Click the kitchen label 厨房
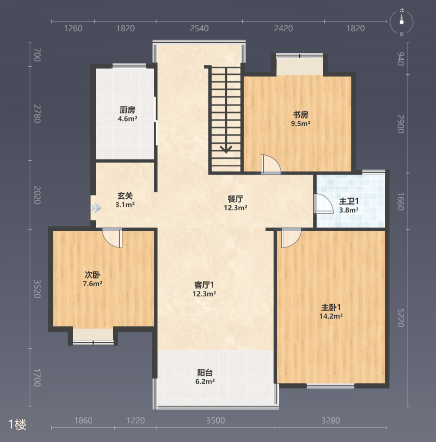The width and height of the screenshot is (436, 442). pos(127,110)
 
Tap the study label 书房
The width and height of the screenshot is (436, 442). pos(300,115)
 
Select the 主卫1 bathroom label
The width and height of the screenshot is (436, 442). pos(349,201)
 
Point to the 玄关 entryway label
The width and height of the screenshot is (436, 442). pos(125,196)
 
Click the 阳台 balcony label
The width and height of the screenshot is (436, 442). pos(205,372)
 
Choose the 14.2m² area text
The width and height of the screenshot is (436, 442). pos(331,316)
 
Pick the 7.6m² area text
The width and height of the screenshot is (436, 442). pos(92,284)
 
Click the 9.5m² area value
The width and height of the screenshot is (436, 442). pos(300,123)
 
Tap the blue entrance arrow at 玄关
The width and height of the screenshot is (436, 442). pos(96,208)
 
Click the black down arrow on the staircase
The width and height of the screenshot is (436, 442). pos(226,148)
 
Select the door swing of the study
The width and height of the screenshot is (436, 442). pos(271,164)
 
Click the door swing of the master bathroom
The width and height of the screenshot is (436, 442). pos(323,204)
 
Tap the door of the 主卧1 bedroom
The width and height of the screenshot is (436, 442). pos(291,238)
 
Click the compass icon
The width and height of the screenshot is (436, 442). pos(401,22)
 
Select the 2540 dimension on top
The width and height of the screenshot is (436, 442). pos(199,28)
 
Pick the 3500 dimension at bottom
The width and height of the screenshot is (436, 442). pos(215,421)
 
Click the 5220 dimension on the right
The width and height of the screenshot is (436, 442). pos(401,318)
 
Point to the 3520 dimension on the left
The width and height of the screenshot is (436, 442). pos(37,289)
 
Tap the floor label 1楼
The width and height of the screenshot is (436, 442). pos(18,425)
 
